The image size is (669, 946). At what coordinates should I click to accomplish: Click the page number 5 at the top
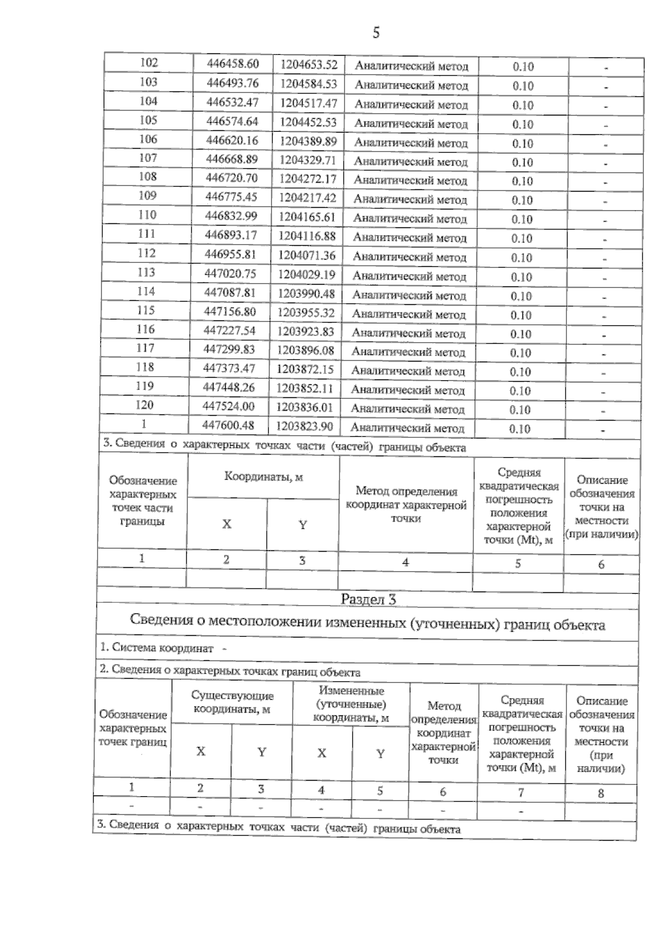click(376, 33)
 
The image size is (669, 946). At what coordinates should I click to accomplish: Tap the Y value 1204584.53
click(308, 84)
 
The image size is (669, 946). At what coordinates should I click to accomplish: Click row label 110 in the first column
click(147, 215)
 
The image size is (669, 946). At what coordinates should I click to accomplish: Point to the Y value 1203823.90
click(305, 426)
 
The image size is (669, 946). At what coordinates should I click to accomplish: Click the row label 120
click(144, 405)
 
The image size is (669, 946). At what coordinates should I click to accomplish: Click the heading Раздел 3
click(368, 599)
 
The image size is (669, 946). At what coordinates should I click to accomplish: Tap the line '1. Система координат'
click(158, 648)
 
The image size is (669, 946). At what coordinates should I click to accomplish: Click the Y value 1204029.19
click(307, 274)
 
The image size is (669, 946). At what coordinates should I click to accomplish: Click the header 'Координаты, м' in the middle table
click(263, 477)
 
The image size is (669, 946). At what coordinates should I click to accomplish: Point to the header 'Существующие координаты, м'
click(232, 703)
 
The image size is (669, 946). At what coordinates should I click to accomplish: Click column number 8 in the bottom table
click(600, 793)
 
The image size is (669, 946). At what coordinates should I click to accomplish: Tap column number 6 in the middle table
click(601, 564)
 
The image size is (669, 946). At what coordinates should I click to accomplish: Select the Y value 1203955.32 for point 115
click(306, 313)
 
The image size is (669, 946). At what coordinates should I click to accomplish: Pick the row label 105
click(148, 120)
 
